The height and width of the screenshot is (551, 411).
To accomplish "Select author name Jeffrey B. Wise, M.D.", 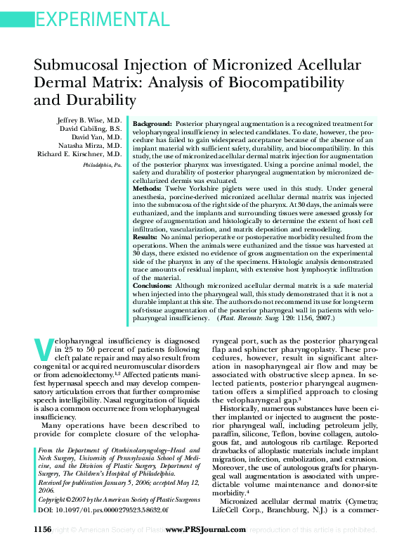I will coord(89,121).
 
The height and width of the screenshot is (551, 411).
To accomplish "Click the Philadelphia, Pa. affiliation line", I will coord(102,164).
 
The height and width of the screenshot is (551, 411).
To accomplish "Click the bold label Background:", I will coord(152,122).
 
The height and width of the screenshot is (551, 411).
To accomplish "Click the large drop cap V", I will coord(44,350).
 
